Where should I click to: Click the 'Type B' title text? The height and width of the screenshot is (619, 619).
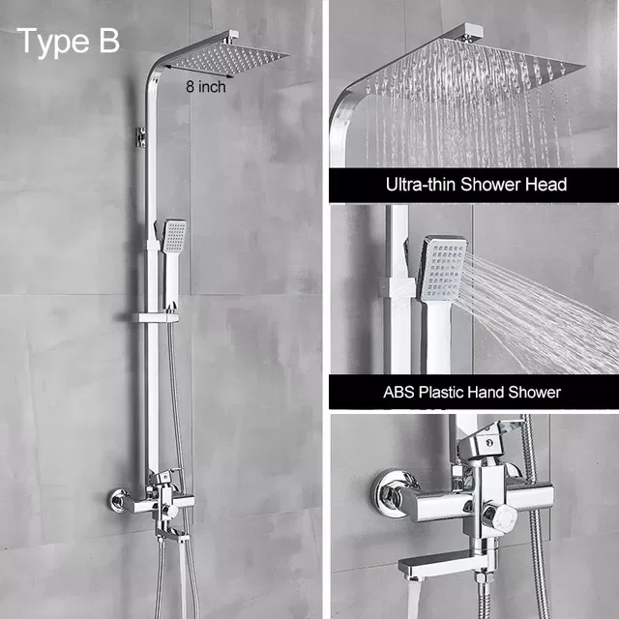click(69, 42)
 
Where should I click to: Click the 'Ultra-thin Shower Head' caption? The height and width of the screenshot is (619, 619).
click(476, 184)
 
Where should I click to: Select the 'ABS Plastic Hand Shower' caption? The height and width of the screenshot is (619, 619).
click(472, 392)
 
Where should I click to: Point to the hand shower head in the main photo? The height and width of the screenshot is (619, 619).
click(174, 237)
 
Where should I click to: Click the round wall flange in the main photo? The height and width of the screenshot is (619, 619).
click(120, 502)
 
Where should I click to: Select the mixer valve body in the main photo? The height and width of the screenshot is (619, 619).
click(160, 504)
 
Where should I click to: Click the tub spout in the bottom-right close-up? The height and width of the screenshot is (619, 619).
click(435, 566)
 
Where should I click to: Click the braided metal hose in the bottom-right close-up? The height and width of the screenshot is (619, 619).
click(535, 542)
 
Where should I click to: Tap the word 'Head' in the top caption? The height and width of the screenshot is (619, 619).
click(546, 184)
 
